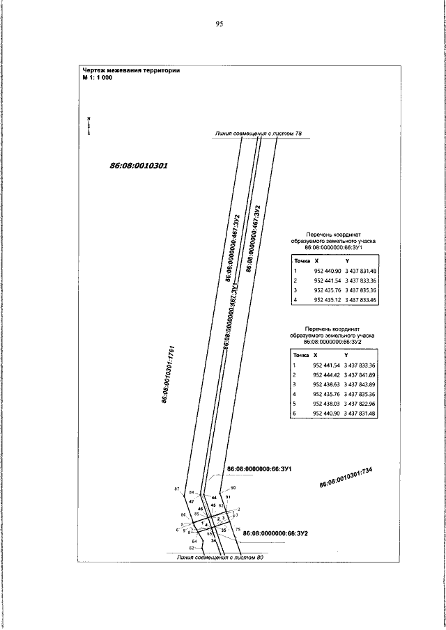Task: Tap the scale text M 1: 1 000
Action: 97,78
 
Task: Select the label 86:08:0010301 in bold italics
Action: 140,166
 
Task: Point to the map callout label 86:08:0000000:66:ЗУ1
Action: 259,469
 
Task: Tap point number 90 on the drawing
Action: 233,487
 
